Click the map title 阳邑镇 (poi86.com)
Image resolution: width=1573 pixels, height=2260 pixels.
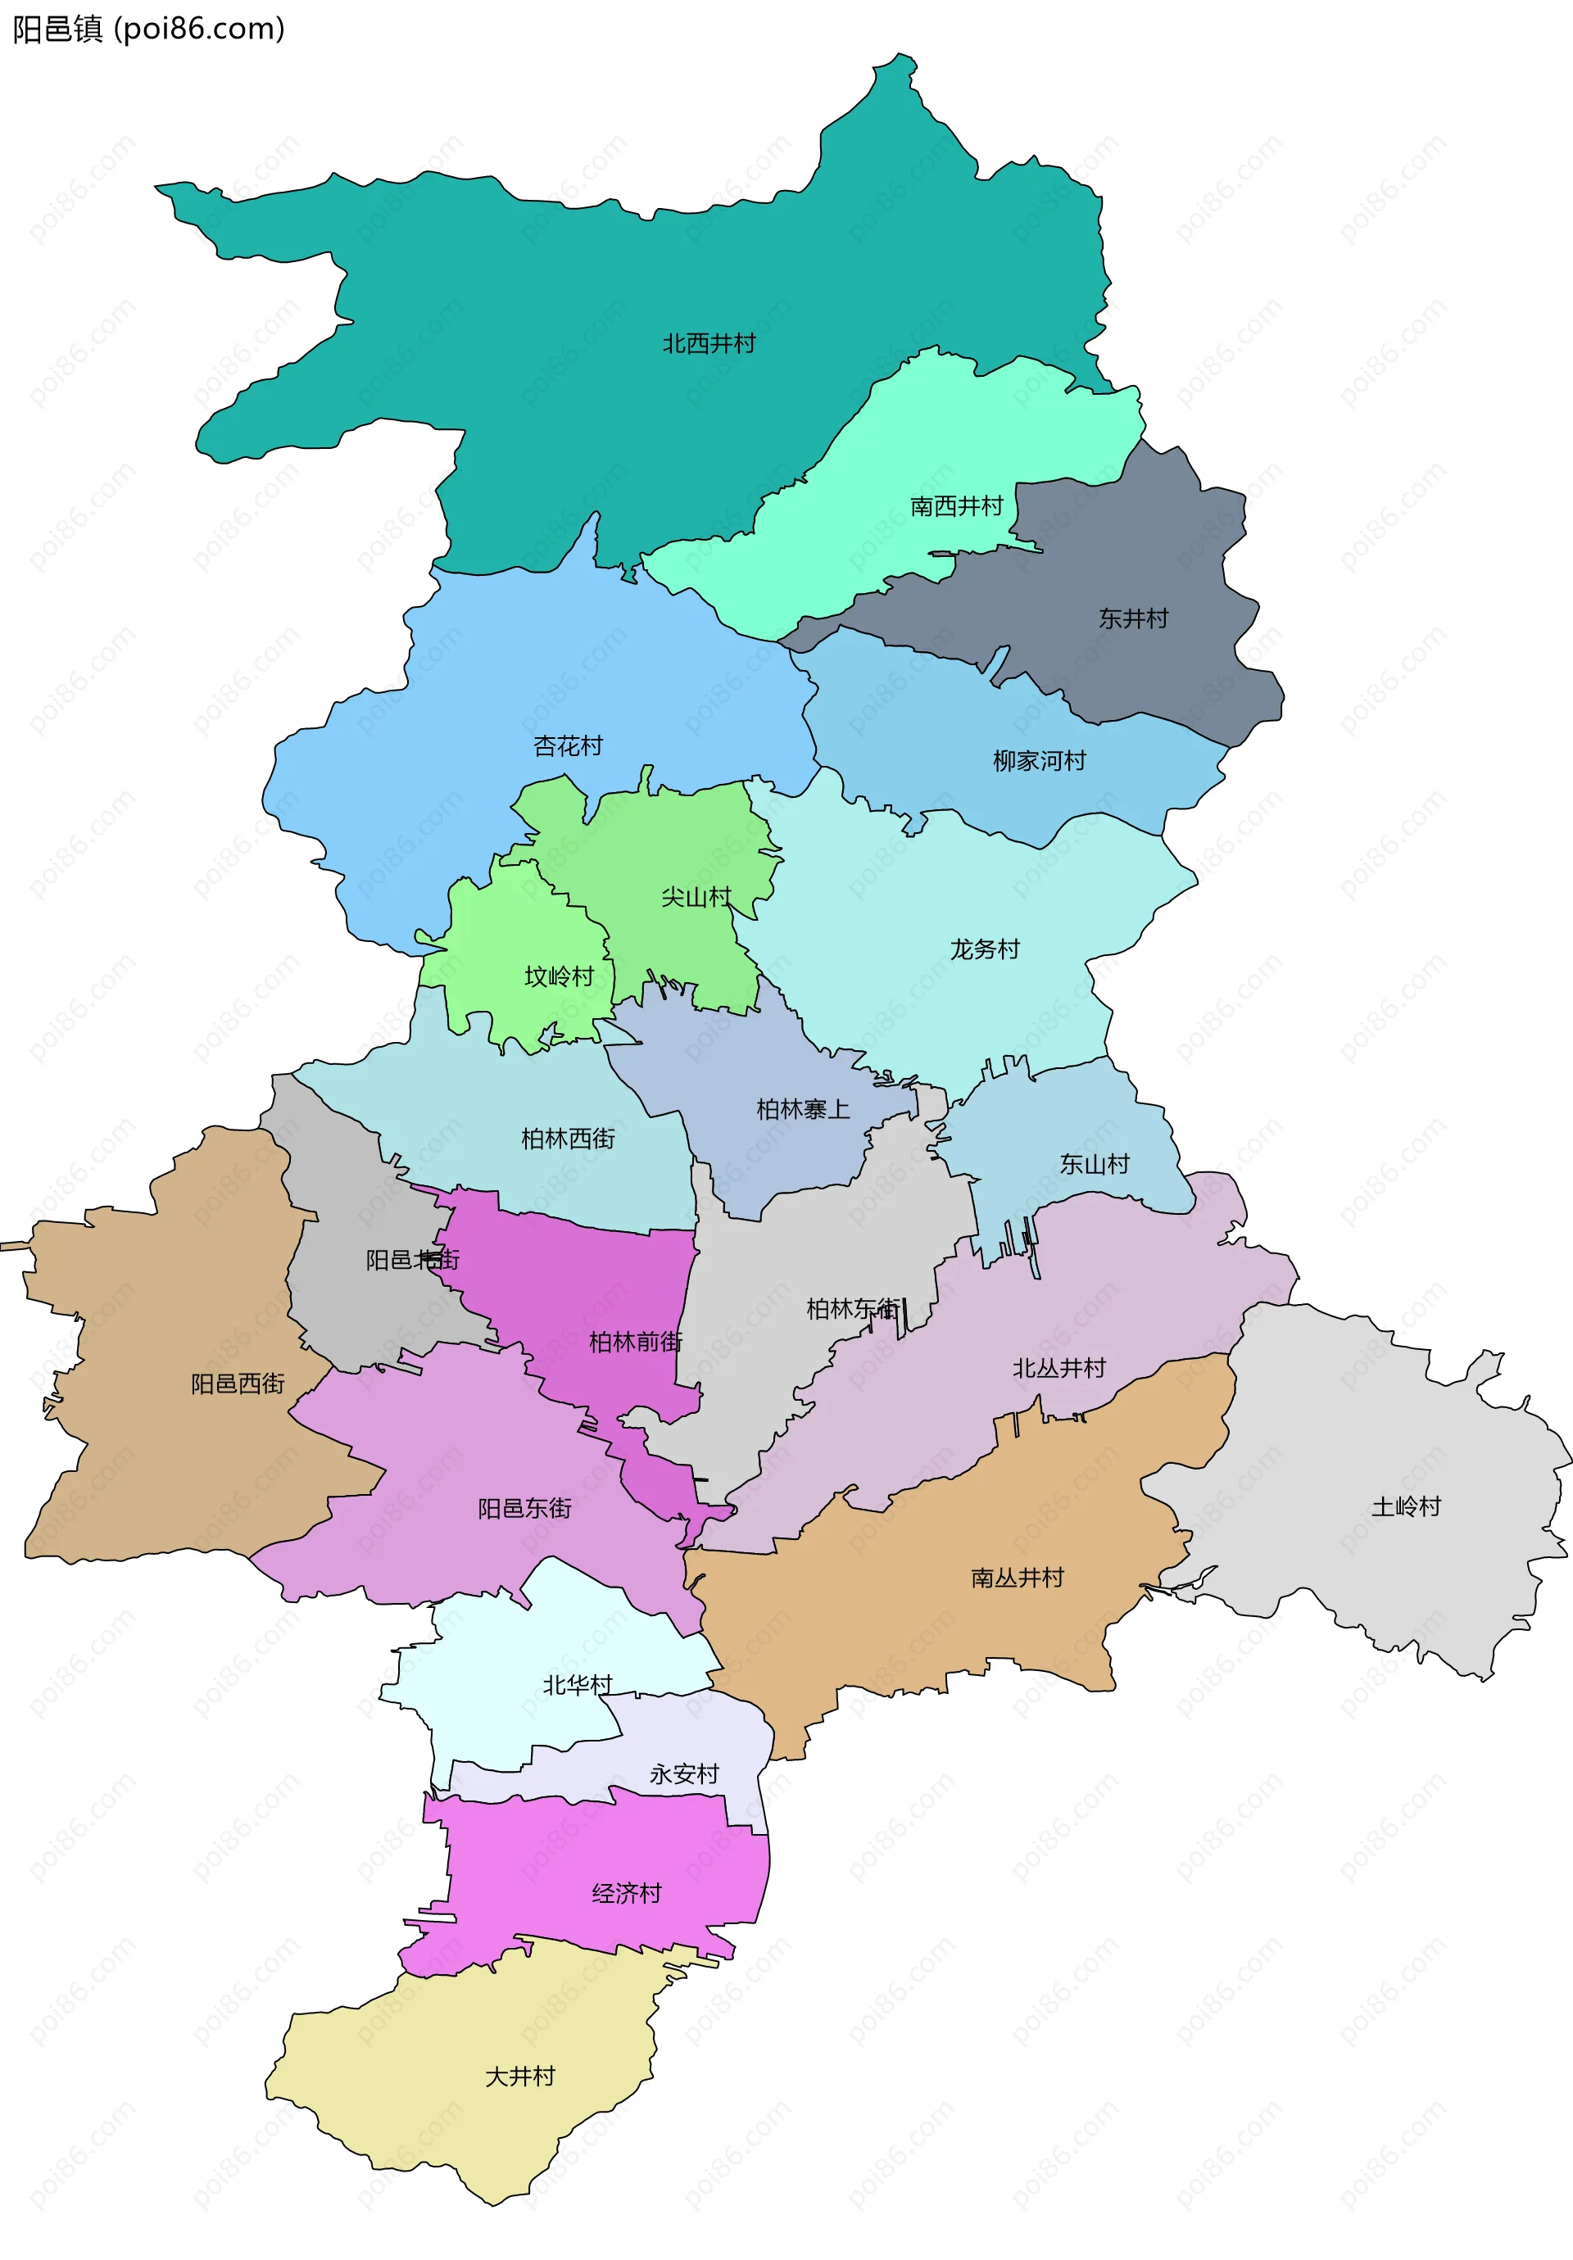147,29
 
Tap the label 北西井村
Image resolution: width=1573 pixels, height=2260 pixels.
709,343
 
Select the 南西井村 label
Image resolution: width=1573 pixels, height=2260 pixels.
956,506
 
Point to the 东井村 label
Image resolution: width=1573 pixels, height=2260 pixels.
1133,618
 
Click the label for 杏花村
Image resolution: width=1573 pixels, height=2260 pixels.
568,746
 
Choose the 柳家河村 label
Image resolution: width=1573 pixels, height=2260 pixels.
1040,761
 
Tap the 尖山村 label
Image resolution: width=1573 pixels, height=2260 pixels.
696,897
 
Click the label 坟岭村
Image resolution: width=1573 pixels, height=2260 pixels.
559,976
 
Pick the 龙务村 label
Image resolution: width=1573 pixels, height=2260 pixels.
985,949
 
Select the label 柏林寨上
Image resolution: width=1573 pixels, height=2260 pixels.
802,1109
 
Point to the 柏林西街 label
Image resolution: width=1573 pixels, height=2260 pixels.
568,1139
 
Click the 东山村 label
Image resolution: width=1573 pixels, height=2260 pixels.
1094,1165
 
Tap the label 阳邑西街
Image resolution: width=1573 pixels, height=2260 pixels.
238,1384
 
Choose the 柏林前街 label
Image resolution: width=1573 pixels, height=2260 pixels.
635,1342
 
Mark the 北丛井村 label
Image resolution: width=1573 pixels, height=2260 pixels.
1059,1368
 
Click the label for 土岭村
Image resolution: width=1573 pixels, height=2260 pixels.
1406,1506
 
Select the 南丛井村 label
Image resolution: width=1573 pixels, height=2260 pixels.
1017,1578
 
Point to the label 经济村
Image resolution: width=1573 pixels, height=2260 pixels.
626,1893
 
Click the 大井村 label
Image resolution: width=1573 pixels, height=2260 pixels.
519,2076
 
